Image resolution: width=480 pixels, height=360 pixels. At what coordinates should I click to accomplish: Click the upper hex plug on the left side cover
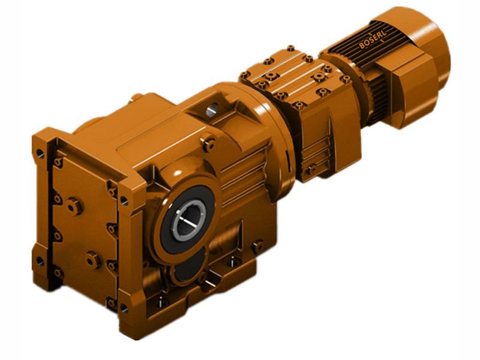(74, 206)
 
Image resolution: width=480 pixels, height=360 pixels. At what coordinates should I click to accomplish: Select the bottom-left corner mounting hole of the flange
(40, 262)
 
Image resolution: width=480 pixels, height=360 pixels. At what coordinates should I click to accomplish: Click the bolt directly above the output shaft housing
(209, 144)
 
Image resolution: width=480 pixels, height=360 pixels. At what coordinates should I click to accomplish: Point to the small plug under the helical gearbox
(310, 170)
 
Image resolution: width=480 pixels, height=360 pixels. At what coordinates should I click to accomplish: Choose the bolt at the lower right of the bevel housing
(257, 245)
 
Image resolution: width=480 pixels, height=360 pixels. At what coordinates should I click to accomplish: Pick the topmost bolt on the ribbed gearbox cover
(290, 49)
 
